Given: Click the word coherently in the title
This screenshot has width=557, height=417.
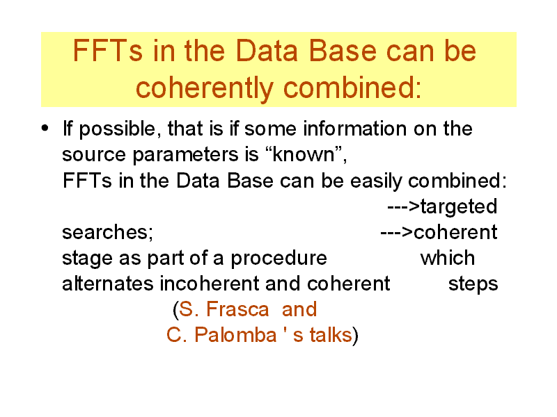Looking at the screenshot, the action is (x=204, y=89).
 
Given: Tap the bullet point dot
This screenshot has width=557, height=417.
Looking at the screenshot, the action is (x=45, y=128).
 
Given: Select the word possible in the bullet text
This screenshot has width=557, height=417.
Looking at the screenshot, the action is (x=117, y=129).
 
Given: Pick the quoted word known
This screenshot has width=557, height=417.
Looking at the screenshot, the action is (x=304, y=154).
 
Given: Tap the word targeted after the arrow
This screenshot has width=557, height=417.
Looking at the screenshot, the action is (x=459, y=207).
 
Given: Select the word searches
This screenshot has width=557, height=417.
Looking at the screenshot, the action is (x=107, y=233).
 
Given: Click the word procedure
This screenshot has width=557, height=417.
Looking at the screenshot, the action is (x=278, y=259).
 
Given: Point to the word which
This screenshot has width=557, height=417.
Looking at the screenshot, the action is (x=447, y=258).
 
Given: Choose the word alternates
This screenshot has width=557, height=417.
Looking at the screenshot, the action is (x=108, y=284).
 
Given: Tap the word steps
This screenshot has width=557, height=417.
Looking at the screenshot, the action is (x=473, y=285).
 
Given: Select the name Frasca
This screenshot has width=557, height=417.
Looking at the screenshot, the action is (x=237, y=309).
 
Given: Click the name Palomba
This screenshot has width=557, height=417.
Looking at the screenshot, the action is (x=235, y=335).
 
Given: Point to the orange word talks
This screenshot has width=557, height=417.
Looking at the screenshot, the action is (x=330, y=335).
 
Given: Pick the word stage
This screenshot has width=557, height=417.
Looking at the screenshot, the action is (x=88, y=259).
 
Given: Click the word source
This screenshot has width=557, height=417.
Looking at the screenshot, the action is (x=94, y=156).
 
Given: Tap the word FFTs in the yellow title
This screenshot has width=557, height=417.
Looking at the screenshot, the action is (x=108, y=51).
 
